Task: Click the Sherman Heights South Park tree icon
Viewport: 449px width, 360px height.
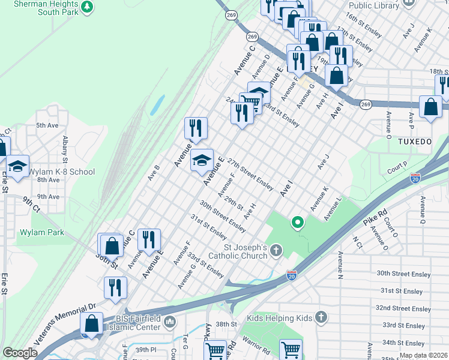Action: click(88, 7)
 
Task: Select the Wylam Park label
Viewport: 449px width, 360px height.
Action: click(41, 232)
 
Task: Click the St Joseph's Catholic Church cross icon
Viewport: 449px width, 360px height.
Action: click(276, 249)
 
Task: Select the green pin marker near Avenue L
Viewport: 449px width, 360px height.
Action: click(297, 224)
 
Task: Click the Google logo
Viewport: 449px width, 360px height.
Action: click(20, 353)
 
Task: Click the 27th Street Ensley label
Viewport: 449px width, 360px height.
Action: click(250, 172)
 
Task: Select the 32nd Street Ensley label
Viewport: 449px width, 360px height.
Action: click(403, 308)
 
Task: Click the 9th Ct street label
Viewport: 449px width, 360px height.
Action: click(31, 205)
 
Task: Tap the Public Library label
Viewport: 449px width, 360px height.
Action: click(373, 5)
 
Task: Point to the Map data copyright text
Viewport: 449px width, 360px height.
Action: click(423, 355)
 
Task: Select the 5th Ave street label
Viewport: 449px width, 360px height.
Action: click(47, 125)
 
